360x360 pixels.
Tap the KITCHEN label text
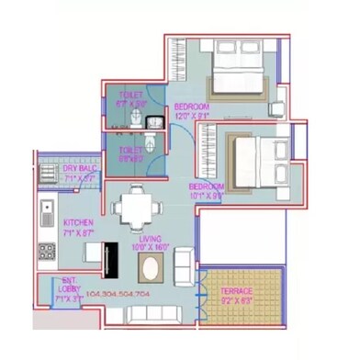coord(77,224)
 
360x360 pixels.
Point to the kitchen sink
coord(47,217)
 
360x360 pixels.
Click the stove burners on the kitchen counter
coord(46,251)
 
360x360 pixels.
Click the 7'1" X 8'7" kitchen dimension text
coord(77,234)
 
